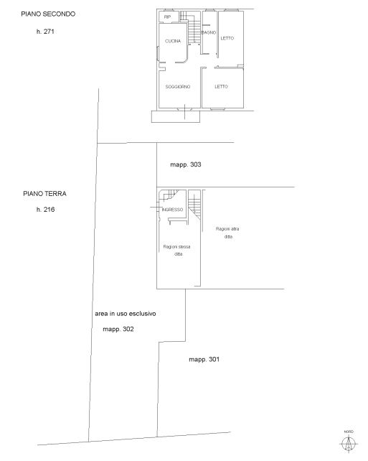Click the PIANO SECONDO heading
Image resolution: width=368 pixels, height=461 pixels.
pos(48,14)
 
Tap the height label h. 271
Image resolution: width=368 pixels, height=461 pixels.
pos(45,32)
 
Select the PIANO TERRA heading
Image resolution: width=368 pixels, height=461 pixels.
pos(44,194)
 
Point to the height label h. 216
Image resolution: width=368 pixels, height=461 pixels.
pos(45,210)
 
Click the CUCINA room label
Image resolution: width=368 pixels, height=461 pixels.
pos(173,41)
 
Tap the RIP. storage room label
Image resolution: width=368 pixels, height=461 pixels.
pos(168,17)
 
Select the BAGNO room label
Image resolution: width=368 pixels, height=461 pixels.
pos(209,32)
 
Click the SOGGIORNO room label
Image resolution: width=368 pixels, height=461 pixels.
pos(178,87)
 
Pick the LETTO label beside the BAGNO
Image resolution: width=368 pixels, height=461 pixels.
pos(227,38)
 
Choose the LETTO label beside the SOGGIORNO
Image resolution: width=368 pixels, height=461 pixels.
pos(221,87)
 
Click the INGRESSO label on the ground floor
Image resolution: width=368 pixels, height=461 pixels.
pos(172,210)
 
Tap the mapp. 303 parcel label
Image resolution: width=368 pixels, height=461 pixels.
pos(186,164)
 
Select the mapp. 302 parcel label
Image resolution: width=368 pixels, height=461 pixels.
pos(118,330)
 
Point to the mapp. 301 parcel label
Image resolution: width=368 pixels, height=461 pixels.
pos(204,359)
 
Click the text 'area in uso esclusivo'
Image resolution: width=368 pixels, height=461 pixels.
pos(126,314)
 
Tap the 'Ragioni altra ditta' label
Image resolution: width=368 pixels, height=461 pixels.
pos(227,233)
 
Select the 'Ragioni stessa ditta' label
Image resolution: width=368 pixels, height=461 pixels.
pos(176,250)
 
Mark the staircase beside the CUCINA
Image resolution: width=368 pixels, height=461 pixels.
pos(194,28)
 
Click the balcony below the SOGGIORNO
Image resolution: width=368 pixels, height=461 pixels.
pos(176,116)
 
